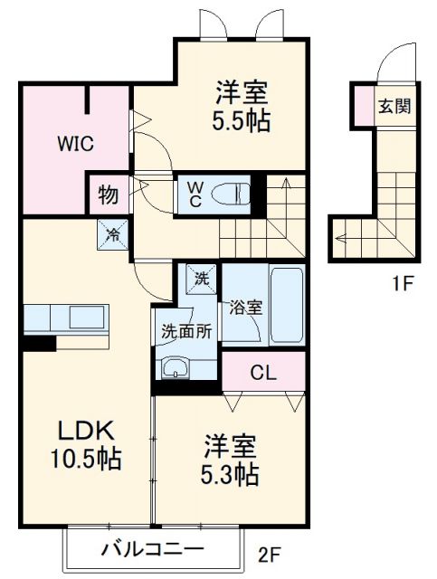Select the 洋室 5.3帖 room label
point(230,459)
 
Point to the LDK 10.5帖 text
point(86,443)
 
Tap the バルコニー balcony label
point(152,548)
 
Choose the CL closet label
point(263,372)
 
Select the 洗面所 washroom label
point(186,331)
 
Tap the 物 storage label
point(107,195)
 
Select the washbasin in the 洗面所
point(175,367)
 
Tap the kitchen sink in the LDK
point(87,319)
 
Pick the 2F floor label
point(269,551)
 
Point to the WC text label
point(195,194)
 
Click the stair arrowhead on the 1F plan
point(340,240)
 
